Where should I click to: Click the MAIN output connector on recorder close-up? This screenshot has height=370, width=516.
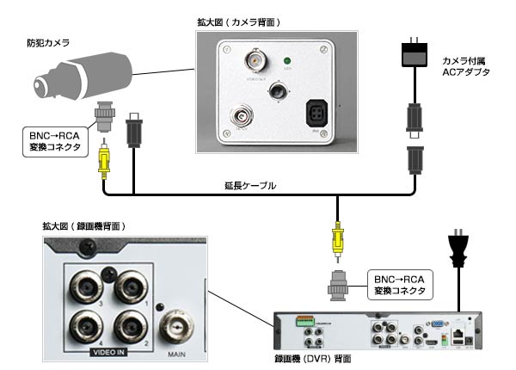click(x=178, y=325)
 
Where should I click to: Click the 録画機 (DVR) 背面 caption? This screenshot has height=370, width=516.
click(x=316, y=355)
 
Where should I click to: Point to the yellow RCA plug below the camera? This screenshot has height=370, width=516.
click(x=104, y=158)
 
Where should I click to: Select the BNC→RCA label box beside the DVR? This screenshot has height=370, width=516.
click(x=400, y=284)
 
